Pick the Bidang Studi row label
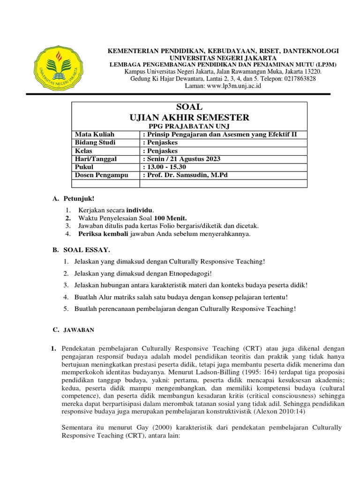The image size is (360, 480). click(95, 143)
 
